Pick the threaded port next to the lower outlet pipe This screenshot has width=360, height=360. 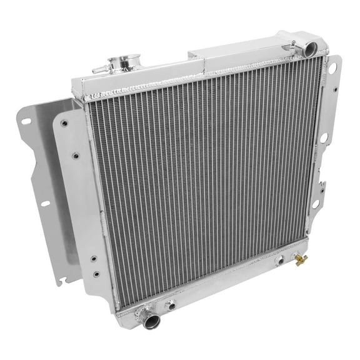click(x=169, y=306)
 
